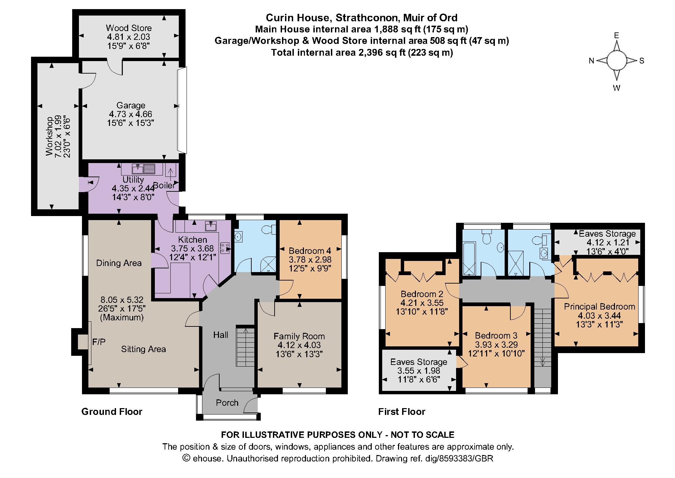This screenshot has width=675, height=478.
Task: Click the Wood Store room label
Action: click(x=129, y=28)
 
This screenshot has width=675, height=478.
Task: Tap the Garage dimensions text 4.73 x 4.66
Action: click(x=131, y=114)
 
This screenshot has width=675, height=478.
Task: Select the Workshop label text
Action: click(x=49, y=136)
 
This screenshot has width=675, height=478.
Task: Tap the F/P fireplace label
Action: click(x=99, y=342)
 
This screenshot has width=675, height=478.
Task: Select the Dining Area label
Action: click(x=119, y=263)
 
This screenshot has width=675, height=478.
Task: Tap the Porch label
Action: click(x=227, y=403)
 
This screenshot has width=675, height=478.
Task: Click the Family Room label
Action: click(x=299, y=336)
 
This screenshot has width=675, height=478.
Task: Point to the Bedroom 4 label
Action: click(x=310, y=251)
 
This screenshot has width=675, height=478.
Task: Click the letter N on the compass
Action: click(x=591, y=61)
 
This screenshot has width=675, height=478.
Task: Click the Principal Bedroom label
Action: click(x=599, y=307)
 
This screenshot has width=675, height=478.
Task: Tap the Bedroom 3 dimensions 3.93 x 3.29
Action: click(x=496, y=345)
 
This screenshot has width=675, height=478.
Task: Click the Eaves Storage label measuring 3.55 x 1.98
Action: click(x=419, y=362)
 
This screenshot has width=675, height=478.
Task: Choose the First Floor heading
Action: click(x=401, y=411)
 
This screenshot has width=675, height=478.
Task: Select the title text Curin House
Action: click(x=292, y=18)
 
